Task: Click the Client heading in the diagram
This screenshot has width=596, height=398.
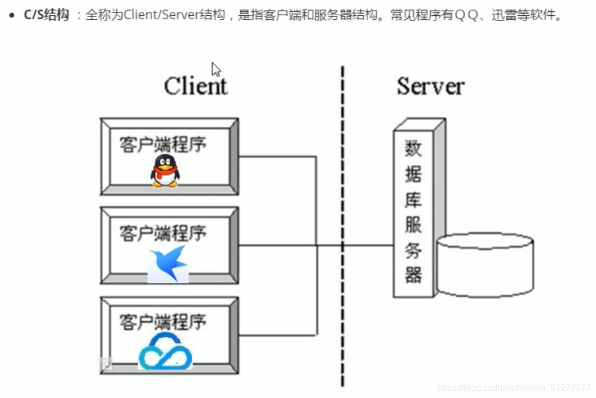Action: [196, 86]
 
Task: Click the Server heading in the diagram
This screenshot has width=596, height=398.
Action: [430, 86]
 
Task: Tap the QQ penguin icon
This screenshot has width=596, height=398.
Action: [165, 170]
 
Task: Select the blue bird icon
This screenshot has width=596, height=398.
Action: [167, 263]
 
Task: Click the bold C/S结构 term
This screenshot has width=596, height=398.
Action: [46, 15]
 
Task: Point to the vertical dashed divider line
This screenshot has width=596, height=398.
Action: [342, 225]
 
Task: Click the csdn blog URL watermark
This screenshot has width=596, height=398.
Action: [514, 388]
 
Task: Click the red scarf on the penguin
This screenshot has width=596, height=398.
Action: [165, 171]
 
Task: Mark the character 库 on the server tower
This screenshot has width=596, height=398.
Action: [413, 200]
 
